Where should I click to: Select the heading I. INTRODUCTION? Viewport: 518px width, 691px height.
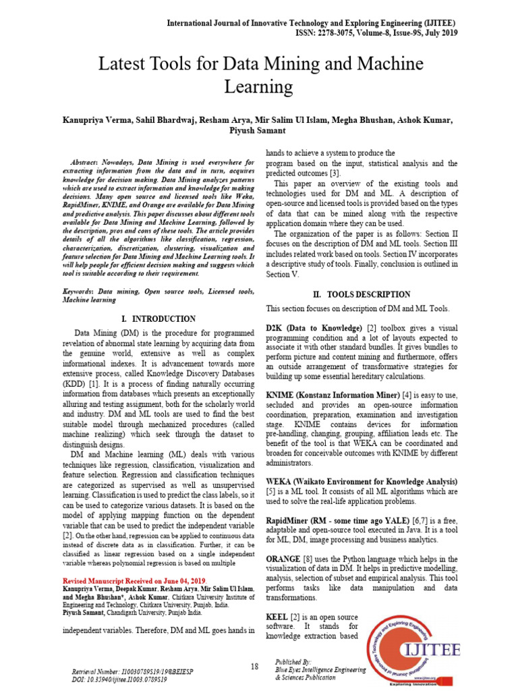pos(159,319)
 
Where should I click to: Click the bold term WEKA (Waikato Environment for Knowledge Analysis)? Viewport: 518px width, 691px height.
pos(362,482)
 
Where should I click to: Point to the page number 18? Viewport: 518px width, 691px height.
pos(254,667)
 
